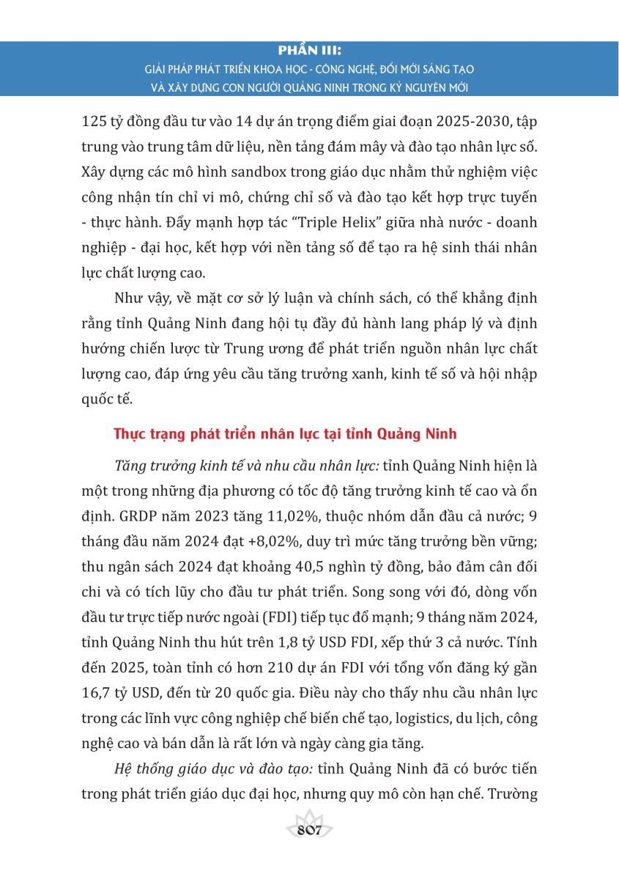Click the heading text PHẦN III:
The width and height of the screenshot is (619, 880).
pos(309,51)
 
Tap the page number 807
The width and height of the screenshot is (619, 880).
pos(310,830)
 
